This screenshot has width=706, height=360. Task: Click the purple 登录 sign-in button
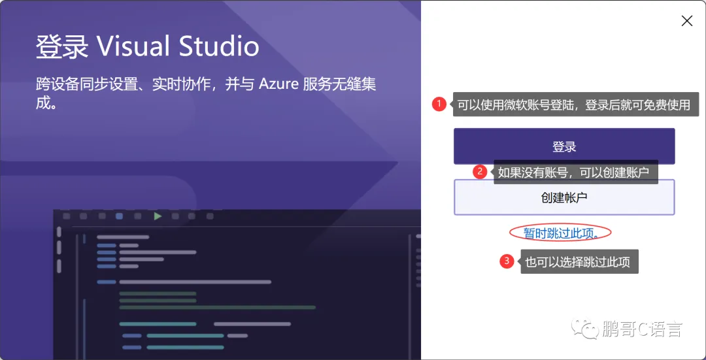563,146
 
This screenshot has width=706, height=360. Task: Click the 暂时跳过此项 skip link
560,233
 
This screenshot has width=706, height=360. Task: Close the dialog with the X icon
686,21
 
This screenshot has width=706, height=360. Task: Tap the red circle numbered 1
439,103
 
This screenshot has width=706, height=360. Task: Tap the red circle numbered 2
480,172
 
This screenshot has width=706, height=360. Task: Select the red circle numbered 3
506,261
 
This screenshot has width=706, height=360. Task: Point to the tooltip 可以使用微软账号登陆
573,105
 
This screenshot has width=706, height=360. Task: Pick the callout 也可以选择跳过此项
578,262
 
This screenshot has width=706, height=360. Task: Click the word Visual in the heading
134,47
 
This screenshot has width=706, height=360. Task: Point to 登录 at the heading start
61,47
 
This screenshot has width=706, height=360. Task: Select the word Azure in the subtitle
279,84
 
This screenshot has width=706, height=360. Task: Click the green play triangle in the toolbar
158,216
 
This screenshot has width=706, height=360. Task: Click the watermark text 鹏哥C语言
643,329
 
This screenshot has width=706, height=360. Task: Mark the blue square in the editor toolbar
119,216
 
